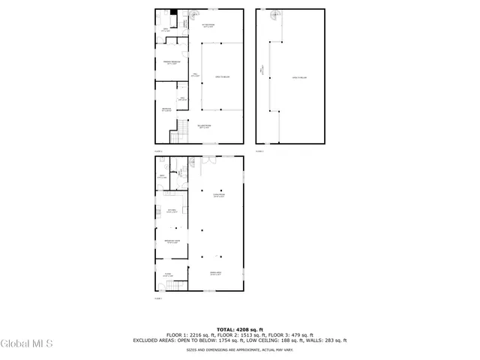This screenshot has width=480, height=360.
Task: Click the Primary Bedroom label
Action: coord(171,62)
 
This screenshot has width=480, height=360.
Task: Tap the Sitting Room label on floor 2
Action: coord(208,25)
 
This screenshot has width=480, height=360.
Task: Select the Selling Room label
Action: coord(203,126)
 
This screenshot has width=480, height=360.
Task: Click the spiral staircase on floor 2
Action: coord(193,15)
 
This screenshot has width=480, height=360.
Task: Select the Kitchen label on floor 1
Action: coord(171,211)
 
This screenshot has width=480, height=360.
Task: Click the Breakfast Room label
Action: coord(171,241)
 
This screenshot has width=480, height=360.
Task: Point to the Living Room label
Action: coord(218,196)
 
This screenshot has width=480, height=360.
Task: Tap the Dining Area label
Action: coord(215,274)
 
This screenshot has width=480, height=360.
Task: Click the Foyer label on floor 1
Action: coord(169,274)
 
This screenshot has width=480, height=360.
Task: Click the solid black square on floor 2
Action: coord(173,12)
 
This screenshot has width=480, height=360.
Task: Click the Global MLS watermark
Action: coord(27,344)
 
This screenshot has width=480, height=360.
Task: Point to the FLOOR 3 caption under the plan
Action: coord(260,151)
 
